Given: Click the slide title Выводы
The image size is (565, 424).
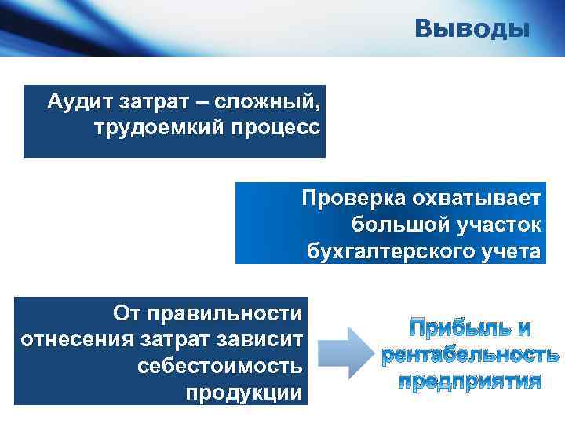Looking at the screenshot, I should (472, 29).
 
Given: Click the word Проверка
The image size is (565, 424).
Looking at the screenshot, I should (352, 198).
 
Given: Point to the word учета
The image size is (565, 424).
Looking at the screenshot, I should (513, 251).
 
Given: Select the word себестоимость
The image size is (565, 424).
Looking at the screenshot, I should (220, 367).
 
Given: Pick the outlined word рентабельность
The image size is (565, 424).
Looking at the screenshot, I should (470, 355).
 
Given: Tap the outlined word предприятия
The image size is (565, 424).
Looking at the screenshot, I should (470, 382).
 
